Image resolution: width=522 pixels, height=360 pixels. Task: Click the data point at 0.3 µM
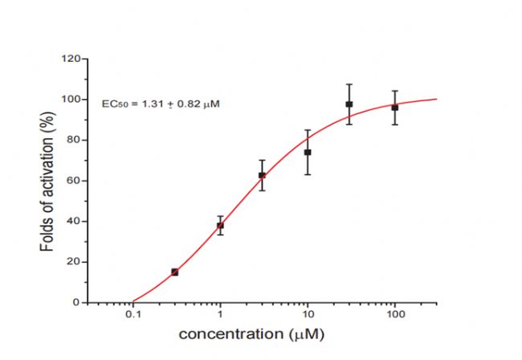(175, 272)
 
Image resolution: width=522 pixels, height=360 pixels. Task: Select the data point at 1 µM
(220, 226)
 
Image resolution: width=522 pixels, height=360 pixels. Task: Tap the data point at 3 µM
(262, 175)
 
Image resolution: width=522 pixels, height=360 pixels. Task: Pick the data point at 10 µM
(308, 152)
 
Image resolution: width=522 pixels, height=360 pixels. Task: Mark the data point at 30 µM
(349, 104)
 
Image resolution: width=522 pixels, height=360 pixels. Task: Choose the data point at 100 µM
(395, 108)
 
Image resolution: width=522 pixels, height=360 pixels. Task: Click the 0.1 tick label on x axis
(133, 316)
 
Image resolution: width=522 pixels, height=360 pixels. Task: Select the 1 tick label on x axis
(220, 316)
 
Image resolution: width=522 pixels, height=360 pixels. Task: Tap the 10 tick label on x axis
(308, 316)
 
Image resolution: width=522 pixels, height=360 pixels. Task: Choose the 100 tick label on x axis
(395, 316)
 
